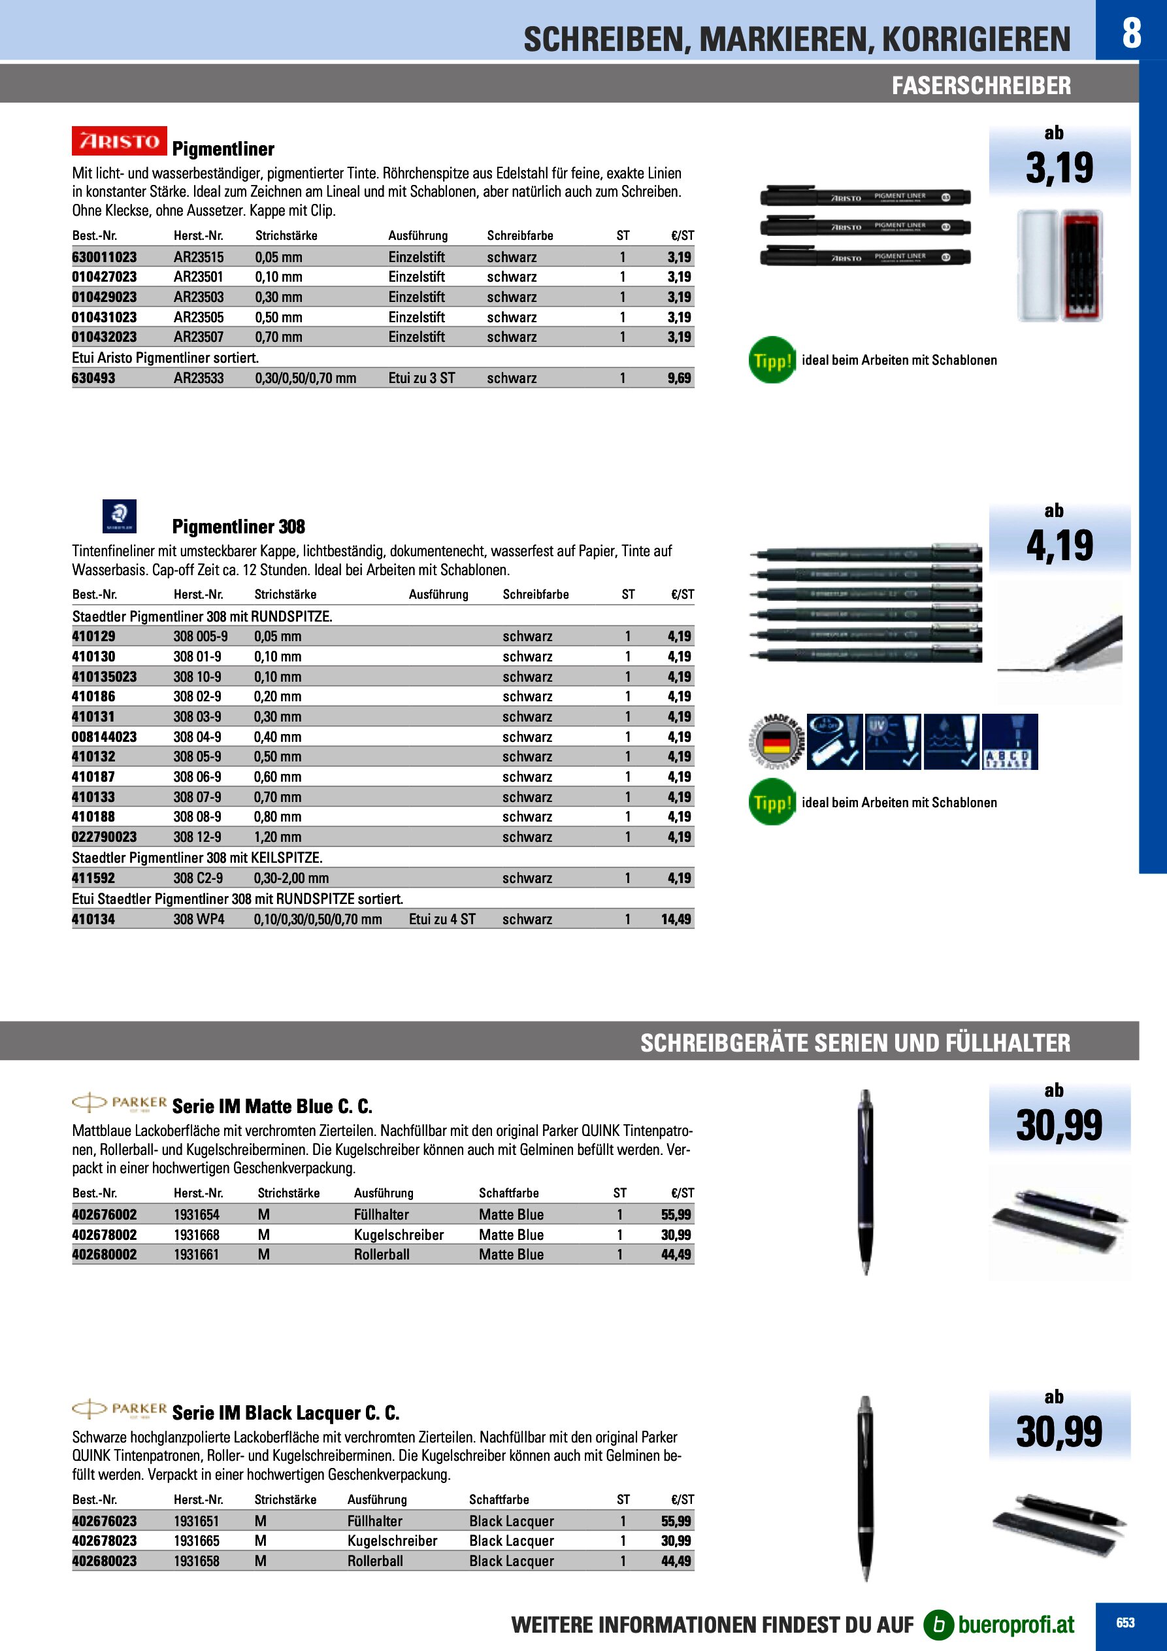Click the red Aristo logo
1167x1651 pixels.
pyautogui.click(x=120, y=141)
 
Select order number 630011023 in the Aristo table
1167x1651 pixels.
pyautogui.click(x=105, y=257)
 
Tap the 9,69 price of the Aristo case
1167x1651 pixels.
pyautogui.click(x=679, y=378)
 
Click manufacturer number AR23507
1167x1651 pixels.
pyautogui.click(x=199, y=337)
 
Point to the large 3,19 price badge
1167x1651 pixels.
pyautogui.click(x=1059, y=167)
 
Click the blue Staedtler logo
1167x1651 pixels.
pyautogui.click(x=120, y=516)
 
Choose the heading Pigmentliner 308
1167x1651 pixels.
pyautogui.click(x=238, y=527)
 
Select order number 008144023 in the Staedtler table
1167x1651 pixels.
pyautogui.click(x=105, y=737)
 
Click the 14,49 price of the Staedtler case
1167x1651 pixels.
pyautogui.click(x=676, y=919)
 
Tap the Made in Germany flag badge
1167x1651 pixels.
pyautogui.click(x=776, y=741)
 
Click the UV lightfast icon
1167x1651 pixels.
pyautogui.click(x=893, y=741)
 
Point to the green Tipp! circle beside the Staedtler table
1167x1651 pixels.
pyautogui.click(x=772, y=803)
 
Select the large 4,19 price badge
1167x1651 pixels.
pyautogui.click(x=1059, y=546)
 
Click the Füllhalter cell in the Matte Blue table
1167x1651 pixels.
pyautogui.click(x=381, y=1214)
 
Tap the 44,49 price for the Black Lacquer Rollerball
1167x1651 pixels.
pyautogui.click(x=676, y=1561)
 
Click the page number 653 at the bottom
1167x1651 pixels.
pyautogui.click(x=1125, y=1623)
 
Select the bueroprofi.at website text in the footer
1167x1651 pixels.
pyautogui.click(x=1015, y=1624)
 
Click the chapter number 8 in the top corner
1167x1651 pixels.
pyautogui.click(x=1131, y=33)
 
